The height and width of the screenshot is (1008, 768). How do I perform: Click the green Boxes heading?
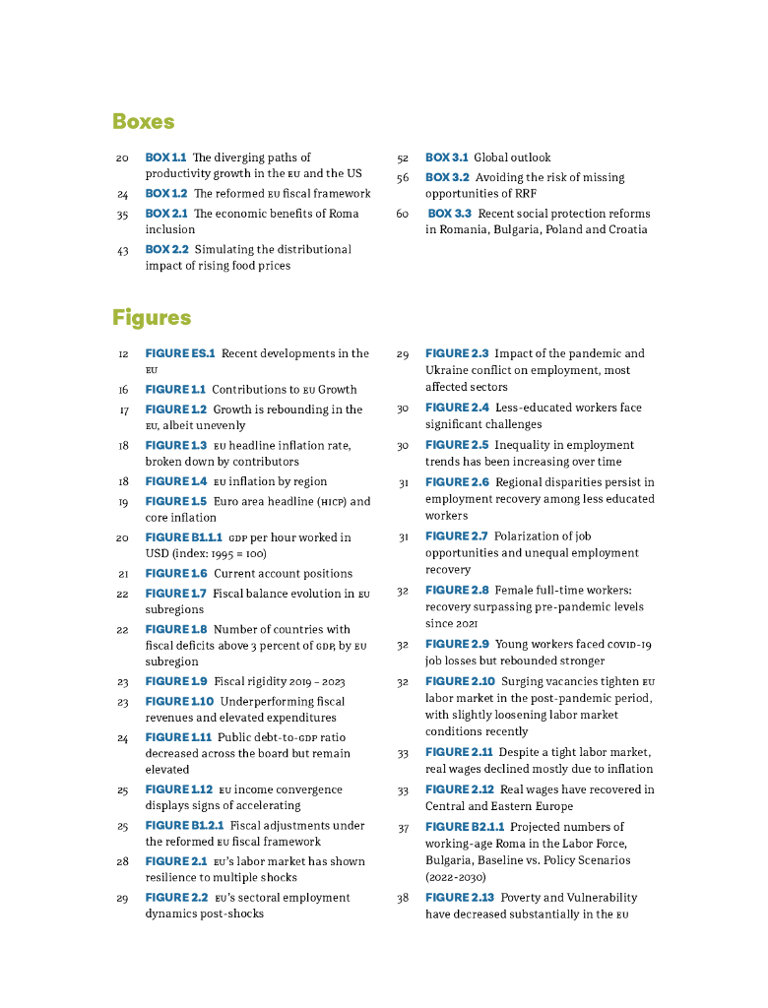[144, 122]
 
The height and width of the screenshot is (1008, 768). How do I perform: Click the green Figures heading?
[152, 318]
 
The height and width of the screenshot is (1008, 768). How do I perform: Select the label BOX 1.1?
[165, 157]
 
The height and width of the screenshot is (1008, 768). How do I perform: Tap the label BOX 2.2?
[165, 249]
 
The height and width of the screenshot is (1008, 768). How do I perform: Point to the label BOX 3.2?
[447, 177]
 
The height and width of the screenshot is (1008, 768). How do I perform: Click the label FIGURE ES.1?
[179, 353]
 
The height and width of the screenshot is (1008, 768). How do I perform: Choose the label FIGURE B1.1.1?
[184, 537]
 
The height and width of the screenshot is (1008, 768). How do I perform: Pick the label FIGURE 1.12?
[178, 789]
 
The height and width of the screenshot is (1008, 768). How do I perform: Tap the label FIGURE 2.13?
[459, 898]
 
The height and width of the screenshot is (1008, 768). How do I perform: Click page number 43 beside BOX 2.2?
[123, 250]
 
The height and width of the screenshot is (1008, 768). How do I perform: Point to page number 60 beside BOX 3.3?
[403, 214]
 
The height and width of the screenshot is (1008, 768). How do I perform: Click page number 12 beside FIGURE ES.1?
[123, 353]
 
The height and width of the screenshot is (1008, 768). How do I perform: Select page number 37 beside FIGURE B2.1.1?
[403, 828]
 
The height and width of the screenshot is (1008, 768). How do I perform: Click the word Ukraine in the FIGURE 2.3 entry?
[447, 370]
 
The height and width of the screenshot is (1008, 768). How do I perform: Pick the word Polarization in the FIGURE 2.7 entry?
[531, 536]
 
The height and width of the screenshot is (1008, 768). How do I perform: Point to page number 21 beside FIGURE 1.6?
[123, 574]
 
